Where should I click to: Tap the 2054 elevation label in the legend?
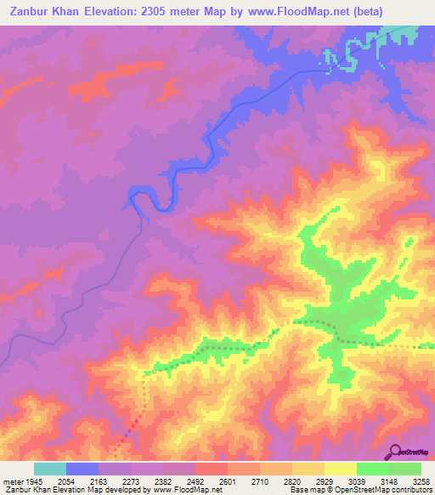pos(80,481)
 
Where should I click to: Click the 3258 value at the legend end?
pos(421,481)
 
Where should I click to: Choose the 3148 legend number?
pos(389,481)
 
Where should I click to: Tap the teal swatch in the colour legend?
pos(49,469)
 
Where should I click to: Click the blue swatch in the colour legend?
pos(82,469)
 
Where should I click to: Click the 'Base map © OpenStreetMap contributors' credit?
pos(358,491)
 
